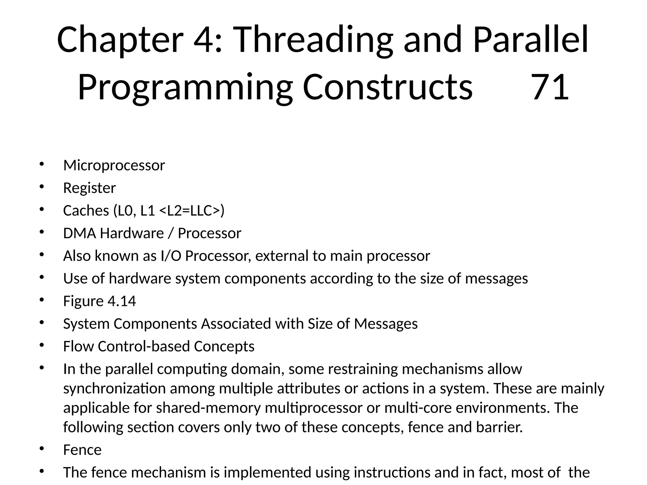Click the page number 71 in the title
coord(550,87)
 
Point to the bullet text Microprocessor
coord(114,165)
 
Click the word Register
coord(89,188)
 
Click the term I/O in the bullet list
coord(171,256)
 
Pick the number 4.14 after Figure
coord(122,301)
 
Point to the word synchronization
coord(114,388)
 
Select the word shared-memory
coord(209,408)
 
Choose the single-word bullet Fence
coord(82,450)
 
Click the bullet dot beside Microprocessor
coord(41,164)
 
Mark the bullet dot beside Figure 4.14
coord(41,300)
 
